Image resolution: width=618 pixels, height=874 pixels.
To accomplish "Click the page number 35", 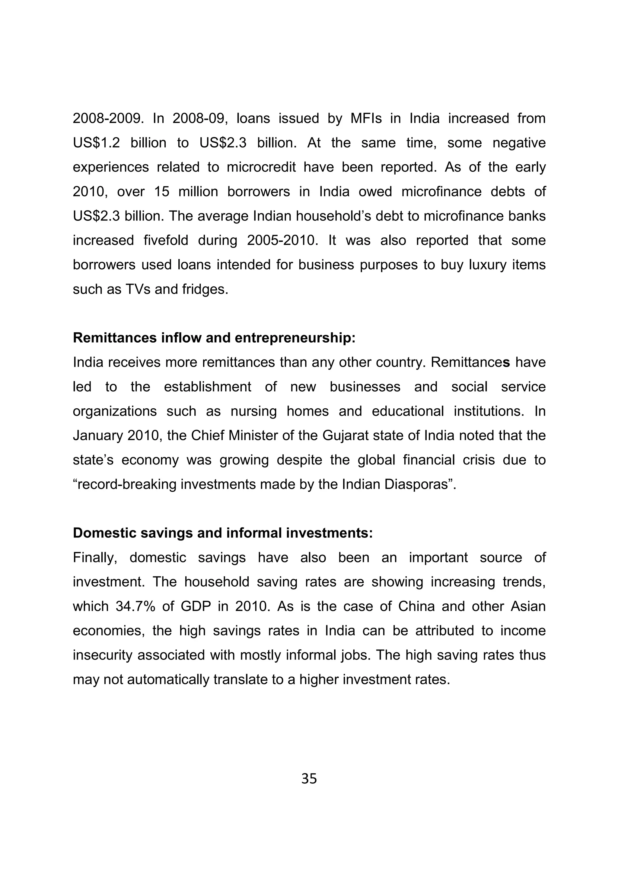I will (x=309, y=778).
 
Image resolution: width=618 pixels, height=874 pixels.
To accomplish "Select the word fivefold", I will (x=166, y=240).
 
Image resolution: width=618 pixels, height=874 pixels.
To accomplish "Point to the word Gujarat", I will (x=346, y=435).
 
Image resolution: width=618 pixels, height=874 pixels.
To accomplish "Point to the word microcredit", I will (x=261, y=167).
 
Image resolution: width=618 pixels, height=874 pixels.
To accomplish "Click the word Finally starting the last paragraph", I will (x=95, y=558).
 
